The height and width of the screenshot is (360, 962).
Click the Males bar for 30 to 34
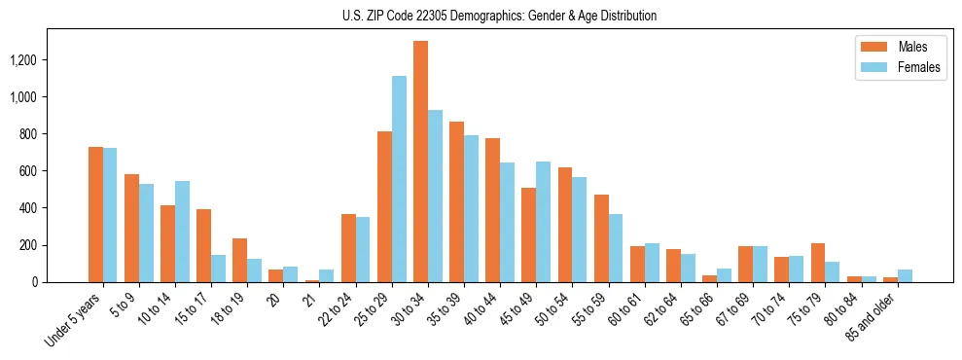pos(420,162)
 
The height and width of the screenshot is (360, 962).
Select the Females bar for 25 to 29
pos(399,179)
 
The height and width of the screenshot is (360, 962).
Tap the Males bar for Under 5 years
pos(95,214)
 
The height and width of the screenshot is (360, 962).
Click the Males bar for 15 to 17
pos(203,245)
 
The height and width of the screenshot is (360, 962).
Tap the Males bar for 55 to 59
pos(601,238)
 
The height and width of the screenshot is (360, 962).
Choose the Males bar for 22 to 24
pos(348,248)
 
